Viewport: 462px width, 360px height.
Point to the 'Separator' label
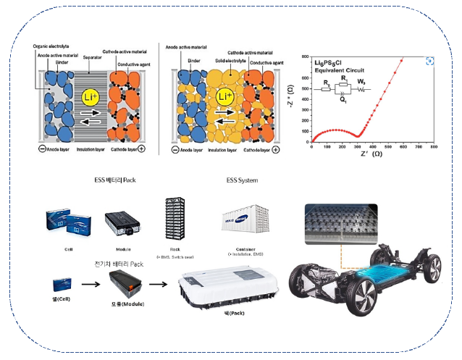coord(93,56)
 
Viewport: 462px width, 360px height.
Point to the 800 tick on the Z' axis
coord(434,147)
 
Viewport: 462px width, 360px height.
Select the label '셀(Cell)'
coord(62,298)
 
